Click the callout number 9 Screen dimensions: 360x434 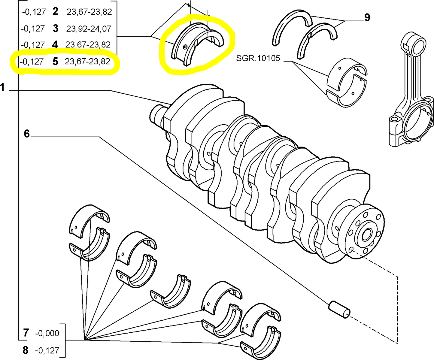click(367, 17)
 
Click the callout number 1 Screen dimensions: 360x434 click(3, 88)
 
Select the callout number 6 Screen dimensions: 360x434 click(27, 134)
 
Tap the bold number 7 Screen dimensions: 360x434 click(26, 333)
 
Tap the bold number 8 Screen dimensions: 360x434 click(26, 350)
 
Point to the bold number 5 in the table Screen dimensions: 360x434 click(55, 62)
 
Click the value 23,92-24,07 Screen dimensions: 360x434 click(89, 29)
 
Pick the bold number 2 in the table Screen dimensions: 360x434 click(55, 12)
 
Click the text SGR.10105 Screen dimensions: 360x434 click(258, 58)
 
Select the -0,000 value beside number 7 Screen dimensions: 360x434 click(47, 333)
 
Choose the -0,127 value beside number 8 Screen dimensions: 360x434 click(47, 350)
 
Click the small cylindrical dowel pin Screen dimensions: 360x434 click(339, 309)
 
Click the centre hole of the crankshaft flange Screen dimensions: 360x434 click(367, 234)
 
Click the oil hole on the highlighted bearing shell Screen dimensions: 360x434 click(185, 47)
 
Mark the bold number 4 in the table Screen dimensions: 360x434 click(55, 45)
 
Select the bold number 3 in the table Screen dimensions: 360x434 click(55, 29)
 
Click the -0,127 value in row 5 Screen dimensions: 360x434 click(32, 62)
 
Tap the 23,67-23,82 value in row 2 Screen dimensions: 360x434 click(89, 12)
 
